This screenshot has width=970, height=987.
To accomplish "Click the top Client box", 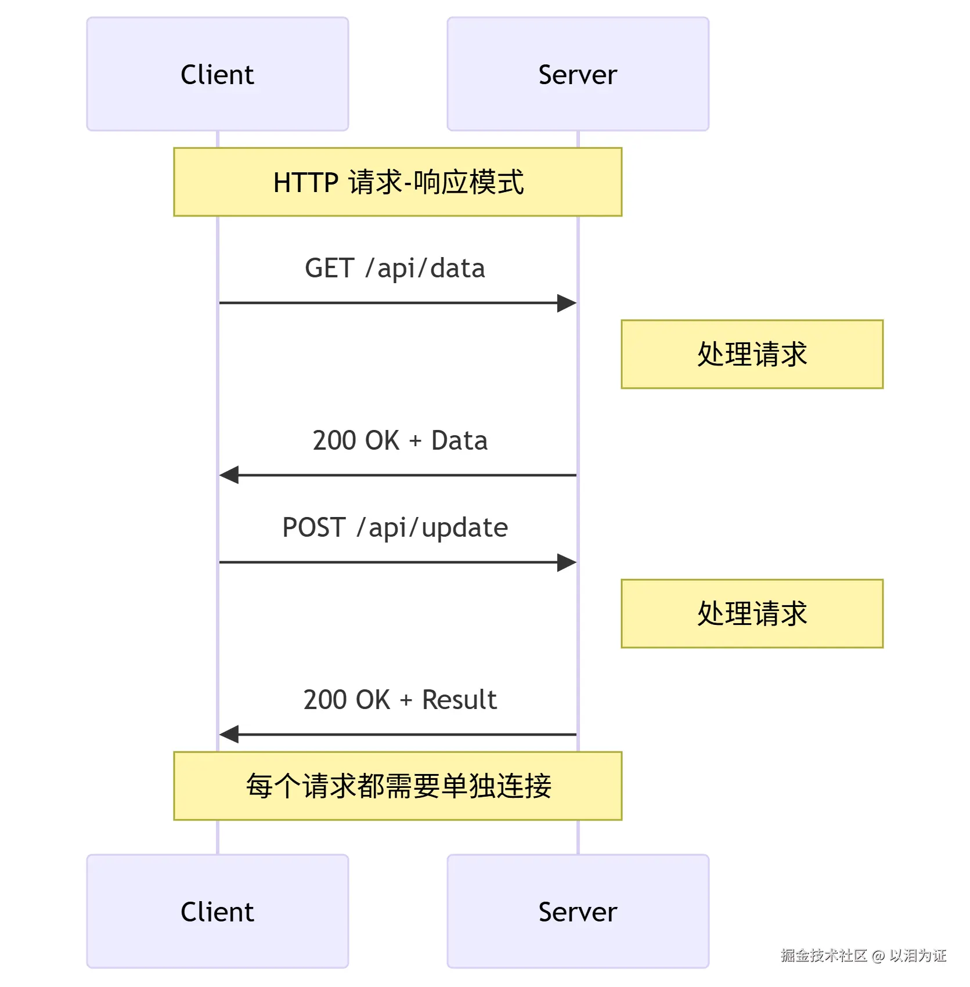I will pos(217,74).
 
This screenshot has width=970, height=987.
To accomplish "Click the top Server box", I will pos(578,74).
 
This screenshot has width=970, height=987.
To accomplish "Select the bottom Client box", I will pos(217,911).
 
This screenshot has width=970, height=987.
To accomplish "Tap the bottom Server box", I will pos(578,911).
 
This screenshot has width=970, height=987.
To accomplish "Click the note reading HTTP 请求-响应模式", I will pos(398,182).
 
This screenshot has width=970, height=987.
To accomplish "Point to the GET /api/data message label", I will pos(395,268).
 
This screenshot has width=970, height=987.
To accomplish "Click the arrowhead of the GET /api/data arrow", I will pos(567,303).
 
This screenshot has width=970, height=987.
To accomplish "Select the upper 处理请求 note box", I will pos(752,354).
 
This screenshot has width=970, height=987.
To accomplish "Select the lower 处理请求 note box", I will pos(752,613).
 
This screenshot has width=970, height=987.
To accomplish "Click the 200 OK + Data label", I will pos(399,440).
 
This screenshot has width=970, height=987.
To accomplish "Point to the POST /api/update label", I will pos(395,527).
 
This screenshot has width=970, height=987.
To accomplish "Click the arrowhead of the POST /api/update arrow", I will pos(567,562).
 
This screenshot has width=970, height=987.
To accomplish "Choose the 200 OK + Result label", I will pos(399,700).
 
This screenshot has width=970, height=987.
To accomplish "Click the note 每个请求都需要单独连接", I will pos(398,786).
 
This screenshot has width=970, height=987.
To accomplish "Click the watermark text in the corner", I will pos(863,955).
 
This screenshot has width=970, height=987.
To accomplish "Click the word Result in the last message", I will pos(459,700).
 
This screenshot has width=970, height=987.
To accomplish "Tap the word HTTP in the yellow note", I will pos(305,183).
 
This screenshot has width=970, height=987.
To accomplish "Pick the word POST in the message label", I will pos(313,527).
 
